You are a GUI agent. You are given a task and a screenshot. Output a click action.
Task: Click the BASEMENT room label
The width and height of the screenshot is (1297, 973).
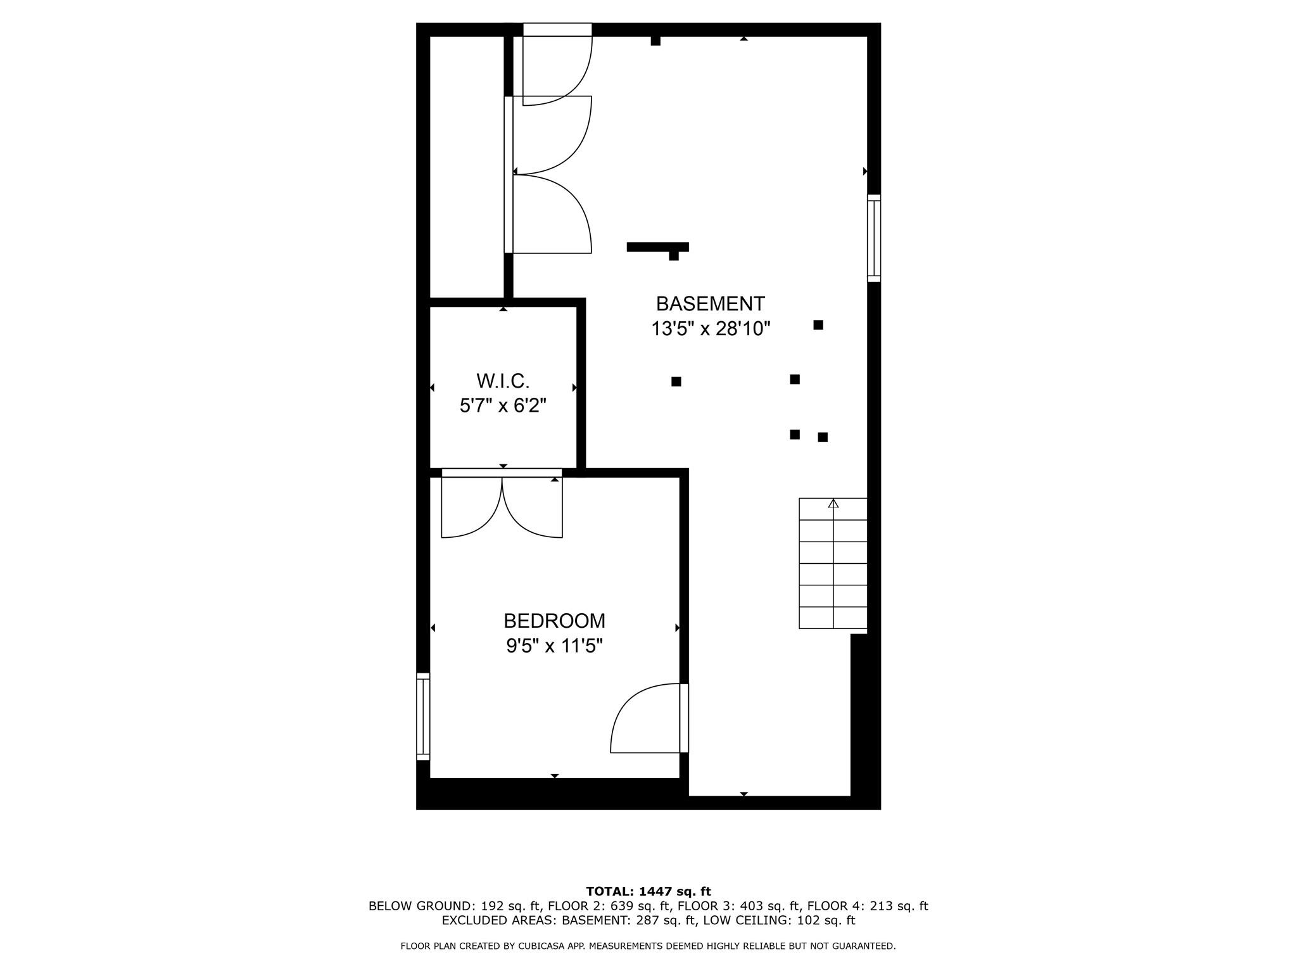710,304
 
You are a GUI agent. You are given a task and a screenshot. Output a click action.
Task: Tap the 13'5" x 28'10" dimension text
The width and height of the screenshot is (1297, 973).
711,329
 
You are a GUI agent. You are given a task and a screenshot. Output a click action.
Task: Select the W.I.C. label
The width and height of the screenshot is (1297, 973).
503,381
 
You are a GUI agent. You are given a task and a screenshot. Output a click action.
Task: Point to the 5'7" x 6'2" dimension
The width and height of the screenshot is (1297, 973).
503,405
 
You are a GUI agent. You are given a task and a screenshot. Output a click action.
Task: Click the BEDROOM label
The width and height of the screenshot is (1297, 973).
554,620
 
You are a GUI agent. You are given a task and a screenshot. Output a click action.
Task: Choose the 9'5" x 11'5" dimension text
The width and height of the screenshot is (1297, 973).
554,646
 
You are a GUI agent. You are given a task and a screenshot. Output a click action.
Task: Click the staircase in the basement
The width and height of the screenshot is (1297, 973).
833,564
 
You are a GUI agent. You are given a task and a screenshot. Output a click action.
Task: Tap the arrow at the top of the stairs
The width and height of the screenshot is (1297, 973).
833,504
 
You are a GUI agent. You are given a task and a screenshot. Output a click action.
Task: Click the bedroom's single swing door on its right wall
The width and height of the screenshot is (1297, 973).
649,719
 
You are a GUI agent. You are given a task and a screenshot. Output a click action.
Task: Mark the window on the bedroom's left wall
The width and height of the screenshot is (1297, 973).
423,716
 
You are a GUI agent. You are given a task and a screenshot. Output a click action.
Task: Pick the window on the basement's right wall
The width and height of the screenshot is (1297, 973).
874,238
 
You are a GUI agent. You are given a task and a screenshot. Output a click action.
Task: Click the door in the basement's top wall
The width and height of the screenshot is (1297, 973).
557,63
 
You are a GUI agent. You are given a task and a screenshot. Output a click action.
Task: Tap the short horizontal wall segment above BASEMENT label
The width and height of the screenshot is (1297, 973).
657,247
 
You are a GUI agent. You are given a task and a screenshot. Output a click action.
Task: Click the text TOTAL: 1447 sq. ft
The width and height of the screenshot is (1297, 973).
648,892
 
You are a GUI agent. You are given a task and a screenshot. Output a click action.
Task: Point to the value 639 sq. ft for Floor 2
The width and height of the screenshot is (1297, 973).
638,906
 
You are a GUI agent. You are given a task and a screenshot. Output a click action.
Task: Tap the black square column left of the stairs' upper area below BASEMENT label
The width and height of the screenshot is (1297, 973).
795,435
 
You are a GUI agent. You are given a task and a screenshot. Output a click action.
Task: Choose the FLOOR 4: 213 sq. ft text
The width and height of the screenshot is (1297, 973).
868,906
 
